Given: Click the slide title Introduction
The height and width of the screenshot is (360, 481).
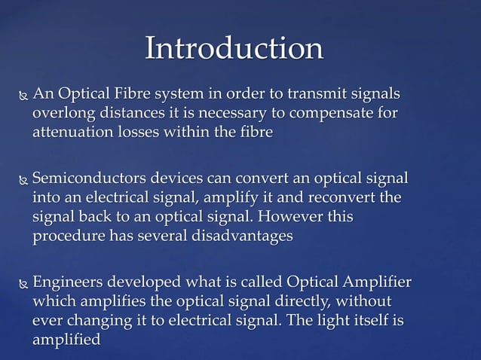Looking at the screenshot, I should click(234, 48).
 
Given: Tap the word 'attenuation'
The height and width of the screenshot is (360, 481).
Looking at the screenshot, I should click(72, 131).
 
